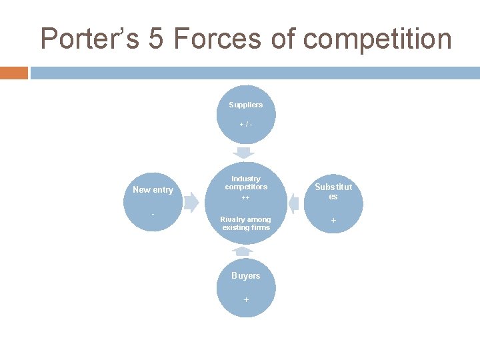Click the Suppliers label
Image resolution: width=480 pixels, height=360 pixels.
pos(246,105)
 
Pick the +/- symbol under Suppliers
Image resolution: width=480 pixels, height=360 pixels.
pos(246,125)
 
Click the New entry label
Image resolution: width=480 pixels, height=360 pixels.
pos(153,190)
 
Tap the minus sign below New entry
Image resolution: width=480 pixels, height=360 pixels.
pos(153,214)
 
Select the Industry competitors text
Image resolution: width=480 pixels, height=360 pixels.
pos(246,183)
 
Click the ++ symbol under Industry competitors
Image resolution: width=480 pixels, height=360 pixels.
pos(246,198)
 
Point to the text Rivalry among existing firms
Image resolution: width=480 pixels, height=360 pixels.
pos(246,223)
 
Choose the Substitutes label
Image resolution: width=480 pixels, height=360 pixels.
pos(333,192)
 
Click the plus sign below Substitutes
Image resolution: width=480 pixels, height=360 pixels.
pos(333,220)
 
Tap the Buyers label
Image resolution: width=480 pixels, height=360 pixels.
pos(246,275)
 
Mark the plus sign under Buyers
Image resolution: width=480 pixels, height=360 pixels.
pos(246,300)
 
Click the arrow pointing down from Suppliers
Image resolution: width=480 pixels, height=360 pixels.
pos(247,153)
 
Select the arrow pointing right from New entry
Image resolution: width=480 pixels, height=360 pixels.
pos(191,202)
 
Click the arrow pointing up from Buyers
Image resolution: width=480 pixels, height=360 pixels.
pos(243,251)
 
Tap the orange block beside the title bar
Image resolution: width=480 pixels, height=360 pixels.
pos(14,73)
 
